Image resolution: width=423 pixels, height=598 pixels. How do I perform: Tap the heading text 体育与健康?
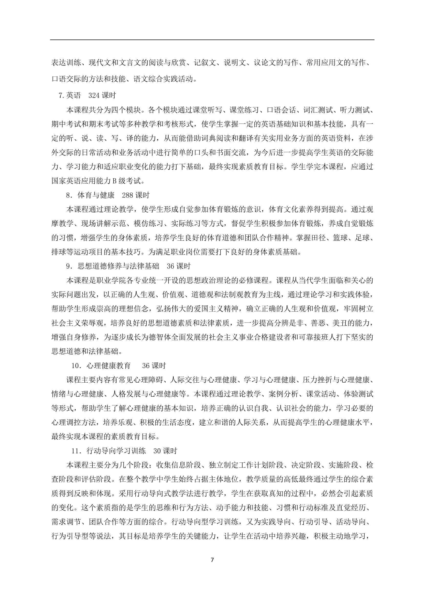(96, 195)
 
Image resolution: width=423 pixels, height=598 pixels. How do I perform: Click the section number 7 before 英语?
(61, 96)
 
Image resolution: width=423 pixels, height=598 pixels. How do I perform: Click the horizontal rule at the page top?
(212, 40)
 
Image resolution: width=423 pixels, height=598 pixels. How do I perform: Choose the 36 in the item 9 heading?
(170, 266)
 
